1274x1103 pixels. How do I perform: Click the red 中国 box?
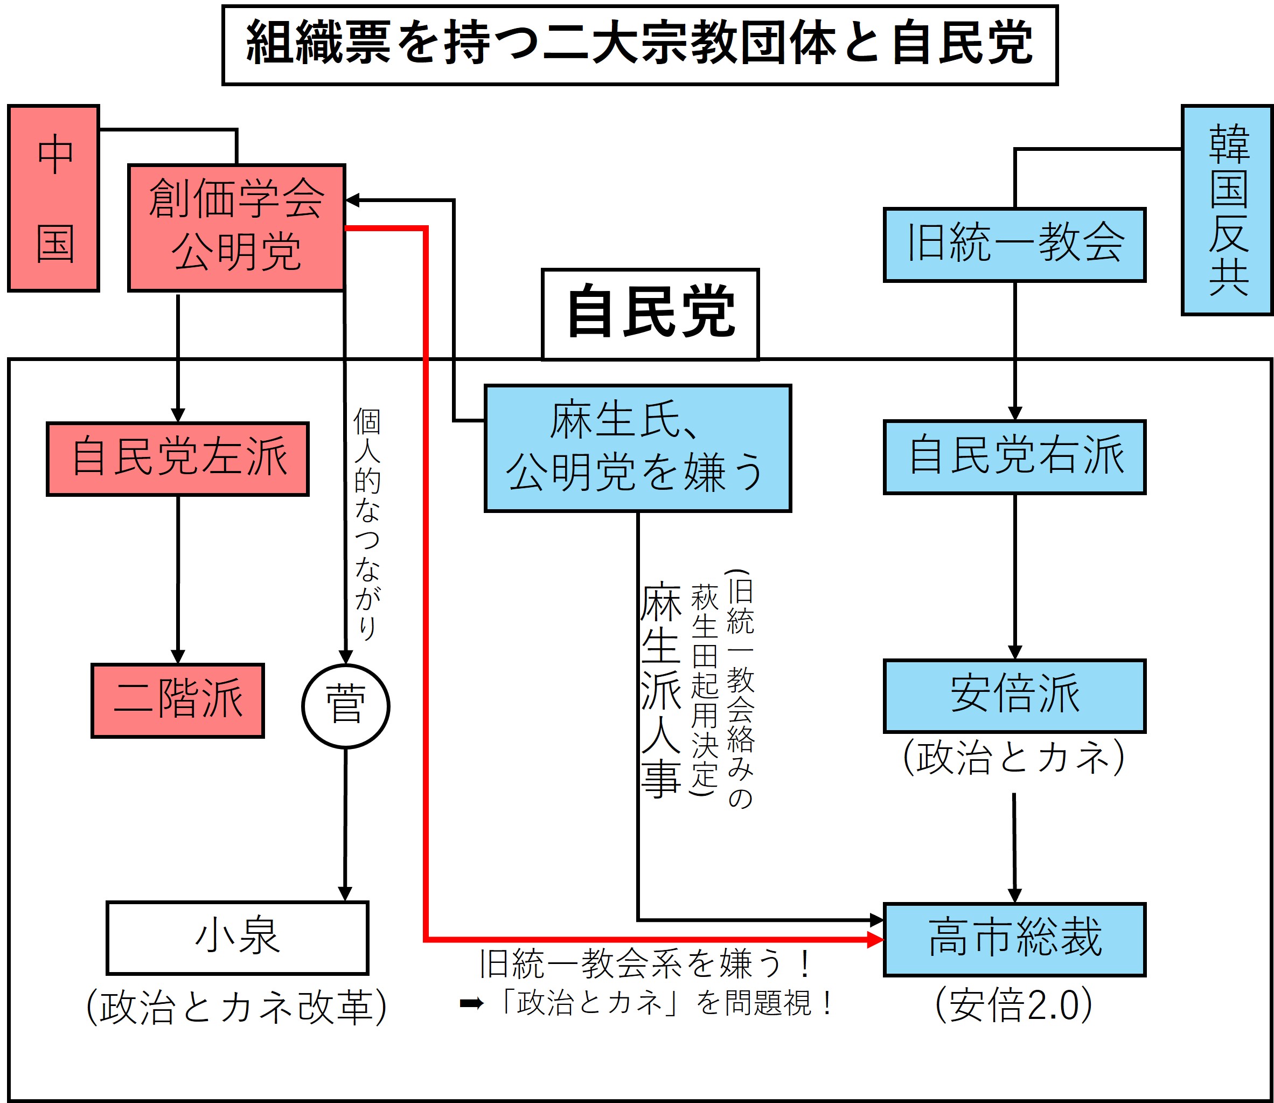pyautogui.click(x=53, y=198)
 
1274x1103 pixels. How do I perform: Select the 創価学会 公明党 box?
pyautogui.click(x=236, y=228)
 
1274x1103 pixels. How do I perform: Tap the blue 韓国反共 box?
pyautogui.click(x=1227, y=210)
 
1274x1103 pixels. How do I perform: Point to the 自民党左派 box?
pyautogui.click(x=178, y=459)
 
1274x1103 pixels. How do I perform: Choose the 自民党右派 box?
pyautogui.click(x=1014, y=457)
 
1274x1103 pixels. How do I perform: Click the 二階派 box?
pyautogui.click(x=178, y=700)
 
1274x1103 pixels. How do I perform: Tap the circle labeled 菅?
pyautogui.click(x=346, y=706)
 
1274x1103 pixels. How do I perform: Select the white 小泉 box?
pyautogui.click(x=238, y=938)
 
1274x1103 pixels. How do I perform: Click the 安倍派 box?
pyautogui.click(x=1014, y=696)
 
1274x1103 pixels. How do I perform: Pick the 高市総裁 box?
pyautogui.click(x=1014, y=940)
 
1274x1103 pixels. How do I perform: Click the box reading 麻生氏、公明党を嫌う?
pyautogui.click(x=638, y=448)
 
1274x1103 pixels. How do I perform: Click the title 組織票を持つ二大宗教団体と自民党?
pyautogui.click(x=639, y=44)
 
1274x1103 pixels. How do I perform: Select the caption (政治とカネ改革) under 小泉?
pyautogui.click(x=237, y=1008)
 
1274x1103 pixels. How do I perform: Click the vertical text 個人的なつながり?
pyautogui.click(x=367, y=524)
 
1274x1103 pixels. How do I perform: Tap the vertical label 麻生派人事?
pyautogui.click(x=661, y=689)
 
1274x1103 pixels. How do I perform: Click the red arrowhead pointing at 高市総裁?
pyautogui.click(x=875, y=940)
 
